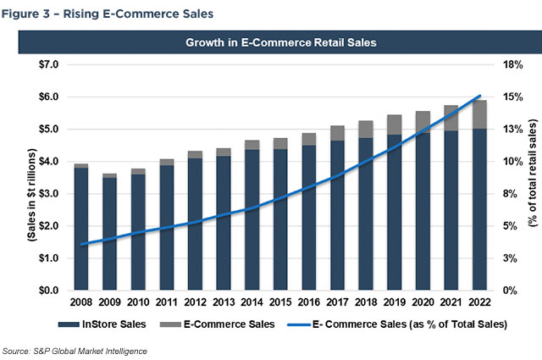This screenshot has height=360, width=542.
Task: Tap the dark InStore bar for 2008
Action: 80,229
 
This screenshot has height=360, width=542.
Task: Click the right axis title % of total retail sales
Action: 533,177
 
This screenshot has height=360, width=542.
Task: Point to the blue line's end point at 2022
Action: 480,96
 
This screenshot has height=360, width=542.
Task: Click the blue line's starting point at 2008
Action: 81,244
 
